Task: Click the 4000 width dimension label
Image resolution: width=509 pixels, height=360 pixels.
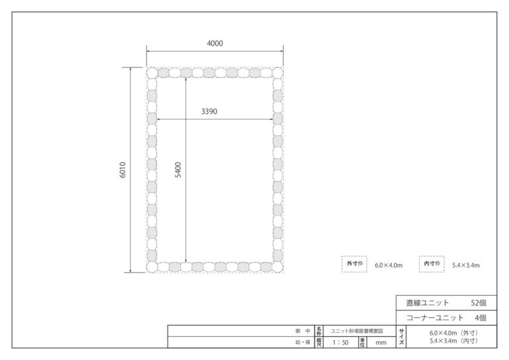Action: (x=215, y=43)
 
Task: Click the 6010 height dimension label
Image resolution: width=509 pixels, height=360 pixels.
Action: (x=123, y=170)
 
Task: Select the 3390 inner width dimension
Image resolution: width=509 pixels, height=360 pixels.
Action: (x=209, y=111)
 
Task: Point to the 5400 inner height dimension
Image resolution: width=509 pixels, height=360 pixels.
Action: (x=178, y=170)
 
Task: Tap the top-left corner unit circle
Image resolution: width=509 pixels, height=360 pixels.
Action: (x=152, y=73)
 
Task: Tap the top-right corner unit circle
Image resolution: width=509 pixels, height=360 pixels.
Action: (x=277, y=73)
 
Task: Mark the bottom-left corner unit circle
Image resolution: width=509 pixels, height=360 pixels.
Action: (x=152, y=267)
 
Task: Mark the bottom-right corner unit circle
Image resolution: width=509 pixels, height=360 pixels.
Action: (x=277, y=267)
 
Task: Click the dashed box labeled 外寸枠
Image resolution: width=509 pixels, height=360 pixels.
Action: (x=354, y=257)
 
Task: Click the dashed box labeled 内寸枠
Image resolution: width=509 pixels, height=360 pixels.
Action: (x=431, y=257)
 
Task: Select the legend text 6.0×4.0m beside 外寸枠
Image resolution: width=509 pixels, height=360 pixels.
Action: (x=388, y=265)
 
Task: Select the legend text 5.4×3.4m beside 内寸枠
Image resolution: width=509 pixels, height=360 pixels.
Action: (x=466, y=265)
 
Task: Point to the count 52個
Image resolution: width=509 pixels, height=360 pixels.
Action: (x=479, y=303)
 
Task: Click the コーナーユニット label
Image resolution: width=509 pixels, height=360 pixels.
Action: (x=435, y=318)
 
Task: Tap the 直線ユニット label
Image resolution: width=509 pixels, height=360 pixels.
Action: (x=427, y=303)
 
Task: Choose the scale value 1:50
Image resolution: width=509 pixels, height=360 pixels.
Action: (x=340, y=343)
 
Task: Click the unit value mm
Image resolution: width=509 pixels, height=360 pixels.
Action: (x=381, y=343)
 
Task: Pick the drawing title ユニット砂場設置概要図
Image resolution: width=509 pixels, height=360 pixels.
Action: (x=357, y=331)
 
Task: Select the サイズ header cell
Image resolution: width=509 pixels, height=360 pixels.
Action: (x=401, y=337)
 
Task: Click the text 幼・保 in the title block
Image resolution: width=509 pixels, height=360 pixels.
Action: (x=303, y=342)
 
